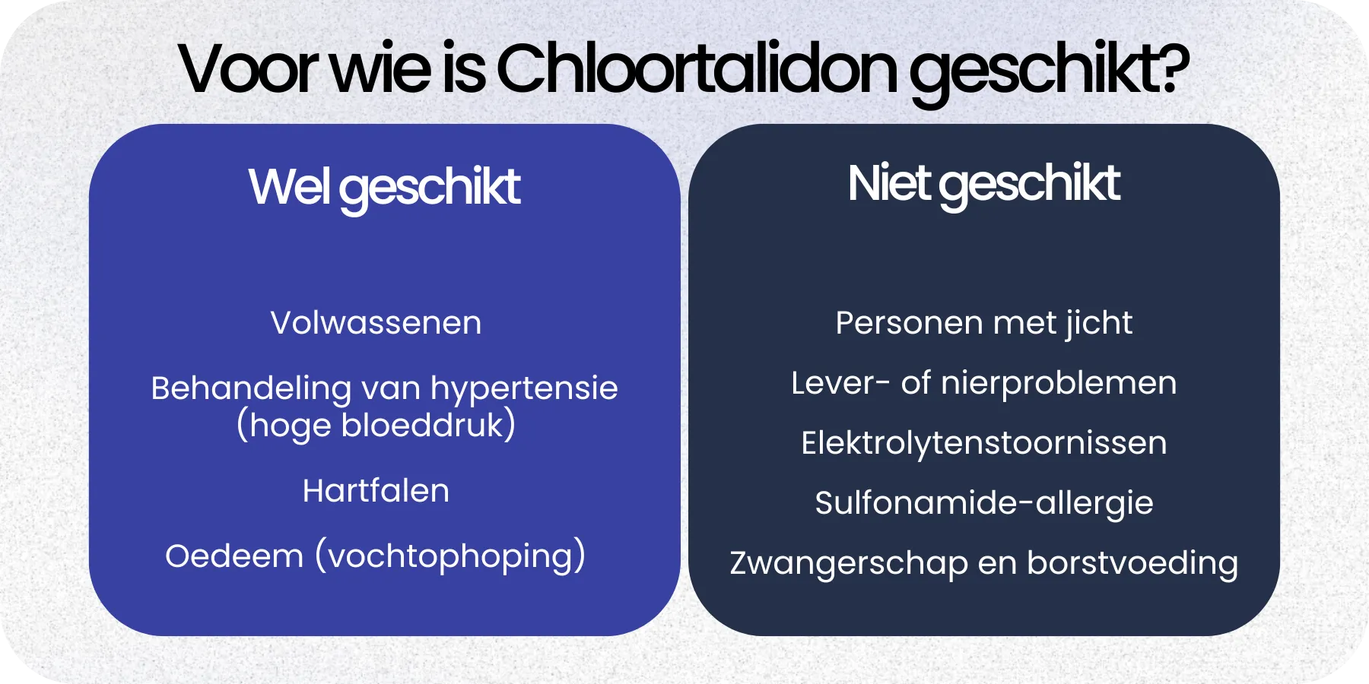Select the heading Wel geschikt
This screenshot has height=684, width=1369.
[x=384, y=187]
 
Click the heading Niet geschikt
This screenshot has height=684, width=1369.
[x=983, y=184]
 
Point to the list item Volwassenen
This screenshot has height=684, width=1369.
[x=376, y=323]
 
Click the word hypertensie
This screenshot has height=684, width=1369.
[x=524, y=389]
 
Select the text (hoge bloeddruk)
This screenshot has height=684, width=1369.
[x=376, y=426]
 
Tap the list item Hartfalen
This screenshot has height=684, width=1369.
[x=376, y=491]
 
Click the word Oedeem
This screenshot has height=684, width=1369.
[x=234, y=556]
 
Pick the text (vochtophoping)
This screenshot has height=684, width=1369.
[x=450, y=556]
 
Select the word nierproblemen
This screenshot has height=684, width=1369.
[x=1059, y=383]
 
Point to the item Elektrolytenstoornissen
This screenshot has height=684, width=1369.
[x=983, y=443]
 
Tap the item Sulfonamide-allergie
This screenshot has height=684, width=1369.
[x=983, y=503]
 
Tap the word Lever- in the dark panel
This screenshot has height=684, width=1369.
[x=840, y=383]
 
